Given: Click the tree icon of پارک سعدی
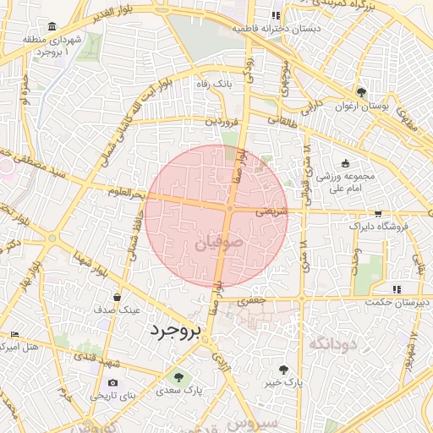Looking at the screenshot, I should click(x=178, y=376).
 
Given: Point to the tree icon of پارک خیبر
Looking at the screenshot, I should click(x=283, y=369).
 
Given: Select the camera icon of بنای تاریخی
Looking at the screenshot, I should click(x=113, y=382).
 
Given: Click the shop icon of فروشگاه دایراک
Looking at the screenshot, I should click(x=377, y=214).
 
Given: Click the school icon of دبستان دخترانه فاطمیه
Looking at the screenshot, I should click(x=276, y=16).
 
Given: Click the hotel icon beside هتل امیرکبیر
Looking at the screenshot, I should click(x=14, y=336).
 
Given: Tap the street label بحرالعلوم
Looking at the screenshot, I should click(x=128, y=193).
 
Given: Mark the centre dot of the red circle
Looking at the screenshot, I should click(x=229, y=208).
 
